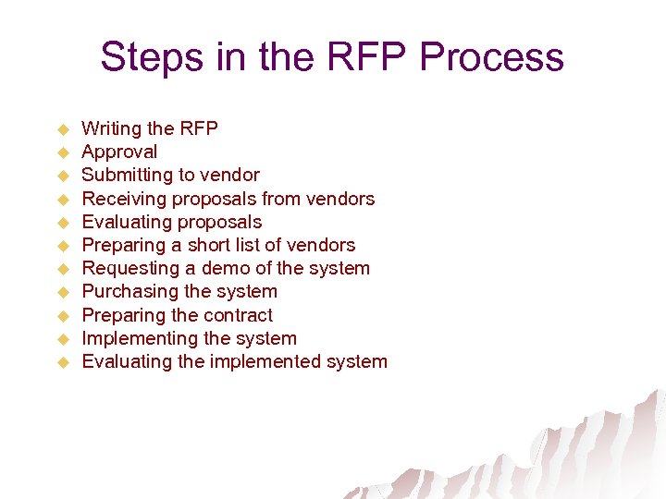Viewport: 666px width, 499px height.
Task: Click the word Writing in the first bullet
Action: point(112,128)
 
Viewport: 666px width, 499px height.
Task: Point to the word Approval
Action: point(119,152)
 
